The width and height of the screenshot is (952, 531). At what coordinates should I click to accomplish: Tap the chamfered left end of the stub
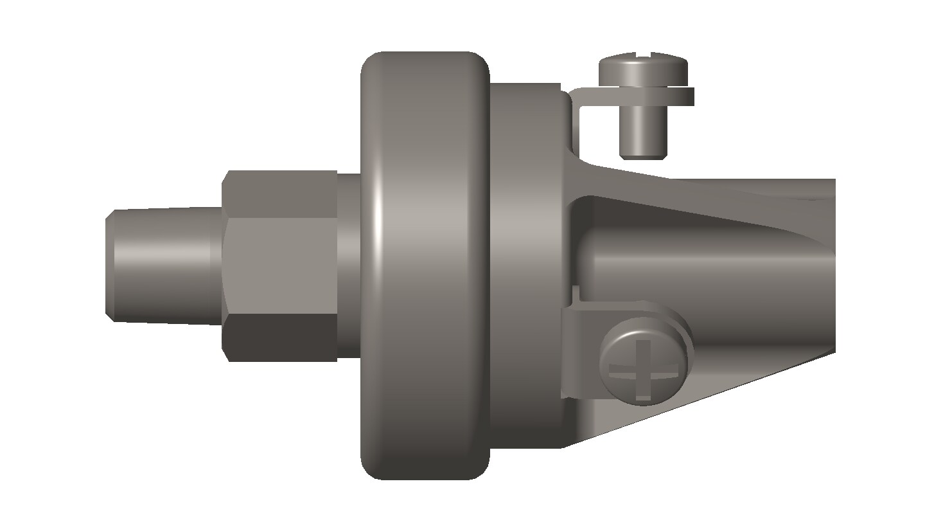(x=110, y=265)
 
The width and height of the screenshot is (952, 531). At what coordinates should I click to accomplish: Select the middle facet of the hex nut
(x=279, y=265)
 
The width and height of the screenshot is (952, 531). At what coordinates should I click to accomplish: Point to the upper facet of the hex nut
(x=279, y=193)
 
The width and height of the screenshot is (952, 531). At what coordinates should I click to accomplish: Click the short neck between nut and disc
(x=348, y=265)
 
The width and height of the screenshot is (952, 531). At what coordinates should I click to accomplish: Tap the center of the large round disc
(x=424, y=265)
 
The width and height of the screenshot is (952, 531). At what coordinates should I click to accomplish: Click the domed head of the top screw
(x=643, y=67)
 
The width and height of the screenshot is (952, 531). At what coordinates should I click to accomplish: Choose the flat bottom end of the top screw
(x=643, y=154)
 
